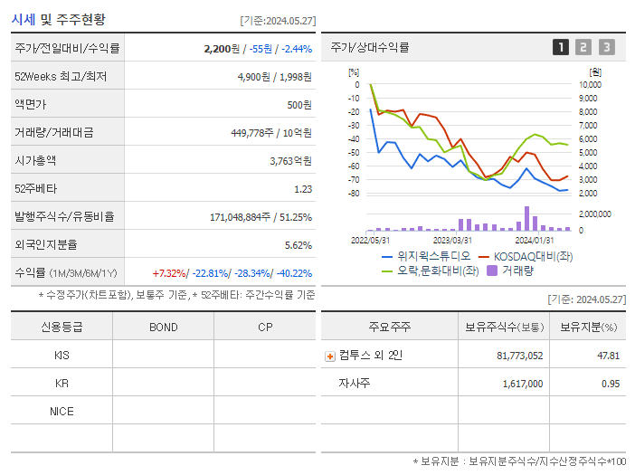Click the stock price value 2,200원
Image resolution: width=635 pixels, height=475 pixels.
[223, 49]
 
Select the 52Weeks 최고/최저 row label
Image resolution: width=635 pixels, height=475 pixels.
[61, 77]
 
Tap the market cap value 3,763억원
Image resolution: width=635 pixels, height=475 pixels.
[290, 161]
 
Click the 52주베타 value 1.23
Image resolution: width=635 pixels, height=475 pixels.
[303, 189]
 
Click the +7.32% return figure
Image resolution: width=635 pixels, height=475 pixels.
[169, 273]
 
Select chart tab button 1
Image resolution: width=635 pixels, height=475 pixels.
[561, 47]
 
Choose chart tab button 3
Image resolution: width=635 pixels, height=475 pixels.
[606, 47]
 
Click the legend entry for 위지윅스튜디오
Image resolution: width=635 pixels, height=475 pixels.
[422, 256]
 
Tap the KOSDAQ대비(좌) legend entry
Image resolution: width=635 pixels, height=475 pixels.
[530, 256]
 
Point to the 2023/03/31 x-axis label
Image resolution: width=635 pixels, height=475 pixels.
[452, 240]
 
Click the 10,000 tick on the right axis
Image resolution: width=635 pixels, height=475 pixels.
[588, 85]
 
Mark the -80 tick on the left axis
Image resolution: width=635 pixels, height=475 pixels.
[354, 194]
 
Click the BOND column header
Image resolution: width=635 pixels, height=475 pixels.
[163, 328]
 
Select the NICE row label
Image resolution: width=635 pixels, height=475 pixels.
[62, 412]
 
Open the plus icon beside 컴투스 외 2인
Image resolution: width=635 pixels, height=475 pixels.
[330, 356]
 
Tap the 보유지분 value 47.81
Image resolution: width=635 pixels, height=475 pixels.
[608, 356]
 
